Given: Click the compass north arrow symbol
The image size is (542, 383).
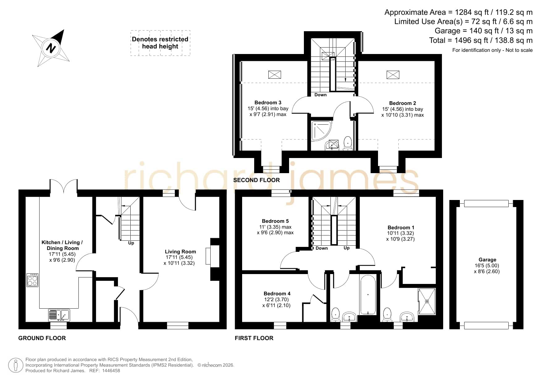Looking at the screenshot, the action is pos(51,48).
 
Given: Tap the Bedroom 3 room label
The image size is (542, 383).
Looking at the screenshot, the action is pos(268,102).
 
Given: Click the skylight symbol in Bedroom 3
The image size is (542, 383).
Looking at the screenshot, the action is pos(275,74).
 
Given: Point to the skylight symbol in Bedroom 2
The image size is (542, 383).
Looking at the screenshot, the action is pos(393,75).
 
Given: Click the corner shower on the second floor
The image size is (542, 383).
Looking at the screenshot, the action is pos(321,131).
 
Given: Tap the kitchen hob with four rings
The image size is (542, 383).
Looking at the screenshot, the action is pos(32,280).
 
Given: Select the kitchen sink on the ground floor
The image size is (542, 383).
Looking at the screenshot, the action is pos(59,315).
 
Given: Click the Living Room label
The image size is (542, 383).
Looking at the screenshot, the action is pos(180,252).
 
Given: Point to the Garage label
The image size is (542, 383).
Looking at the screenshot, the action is pos(487,260).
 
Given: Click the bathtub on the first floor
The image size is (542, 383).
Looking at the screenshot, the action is pos(368,295).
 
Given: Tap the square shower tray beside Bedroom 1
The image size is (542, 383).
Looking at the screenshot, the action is pos(427,302).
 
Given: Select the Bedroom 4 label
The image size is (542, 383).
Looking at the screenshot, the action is pos(277,293).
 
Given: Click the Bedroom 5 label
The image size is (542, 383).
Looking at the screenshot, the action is pos(275,221).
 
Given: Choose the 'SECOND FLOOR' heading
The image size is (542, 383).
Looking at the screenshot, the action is pos(256,180).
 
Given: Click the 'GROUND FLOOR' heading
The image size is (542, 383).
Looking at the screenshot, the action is pos(42,338).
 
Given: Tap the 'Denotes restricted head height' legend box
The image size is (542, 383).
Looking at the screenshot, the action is pos(160,43).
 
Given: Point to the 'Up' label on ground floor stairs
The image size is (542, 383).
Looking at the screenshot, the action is pos(131,243).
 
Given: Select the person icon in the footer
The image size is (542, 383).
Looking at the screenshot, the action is pos(16,365).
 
